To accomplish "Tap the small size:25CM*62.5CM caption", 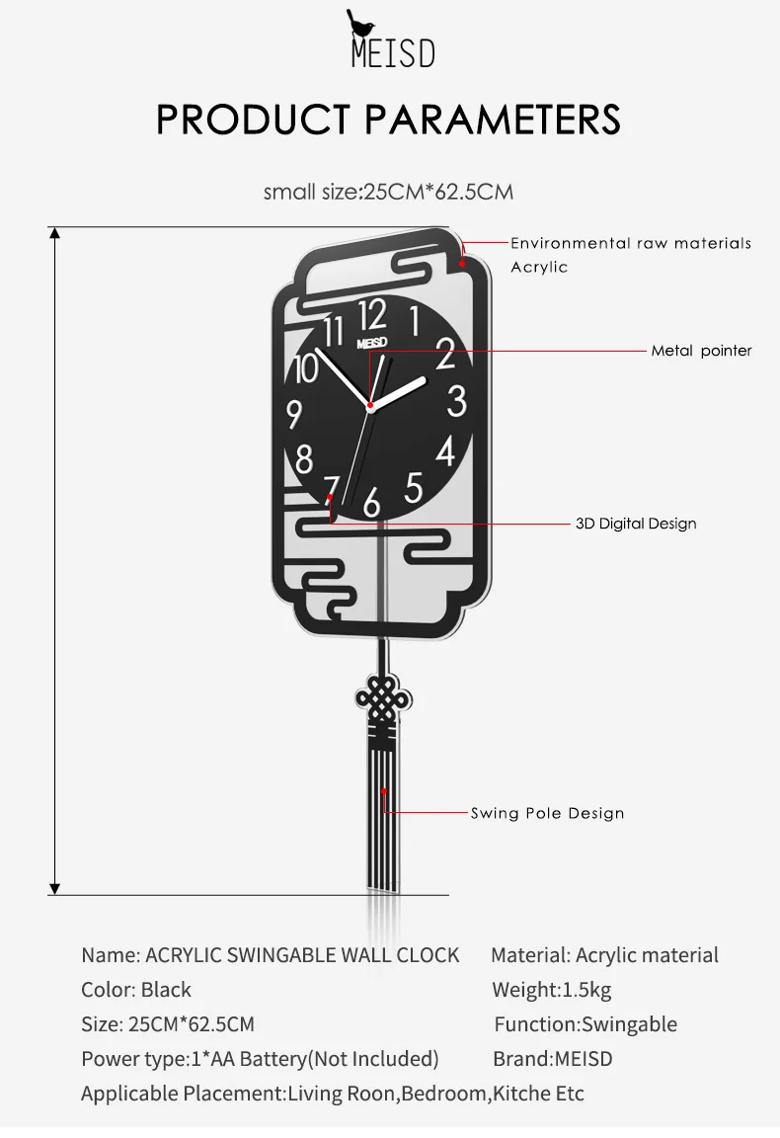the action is [x=388, y=193].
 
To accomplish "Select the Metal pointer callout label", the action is [x=701, y=351].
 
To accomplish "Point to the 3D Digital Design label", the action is [x=636, y=524].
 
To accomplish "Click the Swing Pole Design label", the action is [x=547, y=813].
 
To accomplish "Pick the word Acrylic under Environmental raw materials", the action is [x=539, y=267].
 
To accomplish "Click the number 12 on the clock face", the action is [x=372, y=315].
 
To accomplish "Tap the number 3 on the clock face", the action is [x=456, y=401].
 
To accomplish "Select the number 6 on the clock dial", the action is [x=371, y=502].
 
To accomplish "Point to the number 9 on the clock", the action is [x=294, y=415].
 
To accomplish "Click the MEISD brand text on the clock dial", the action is [x=371, y=343].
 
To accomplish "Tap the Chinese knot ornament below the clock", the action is [x=383, y=699].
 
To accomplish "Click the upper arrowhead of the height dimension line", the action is [x=54, y=232].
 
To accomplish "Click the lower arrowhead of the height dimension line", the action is [x=54, y=889].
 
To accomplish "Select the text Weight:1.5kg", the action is [x=552, y=989].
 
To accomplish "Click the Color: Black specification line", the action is [x=135, y=989].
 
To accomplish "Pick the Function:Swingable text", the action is [x=585, y=1024].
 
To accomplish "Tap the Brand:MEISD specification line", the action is [x=553, y=1059].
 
